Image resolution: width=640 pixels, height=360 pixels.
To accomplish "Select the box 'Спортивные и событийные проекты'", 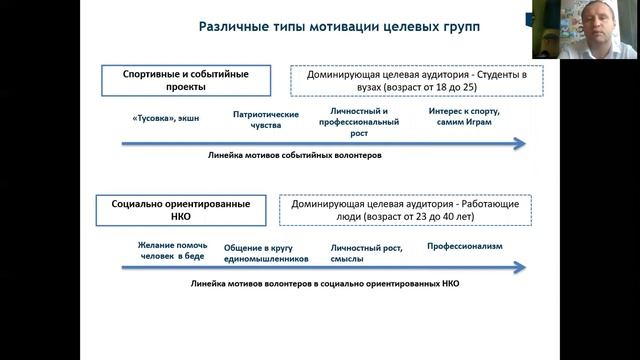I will click(x=189, y=80).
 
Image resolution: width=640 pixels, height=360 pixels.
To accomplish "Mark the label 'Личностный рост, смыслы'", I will click(x=361, y=252).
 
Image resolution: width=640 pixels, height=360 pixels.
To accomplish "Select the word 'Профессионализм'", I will click(x=464, y=246).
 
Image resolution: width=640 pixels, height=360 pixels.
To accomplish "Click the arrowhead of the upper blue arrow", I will click(x=519, y=144).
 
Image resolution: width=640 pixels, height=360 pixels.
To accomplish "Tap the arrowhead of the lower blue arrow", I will click(x=519, y=267).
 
